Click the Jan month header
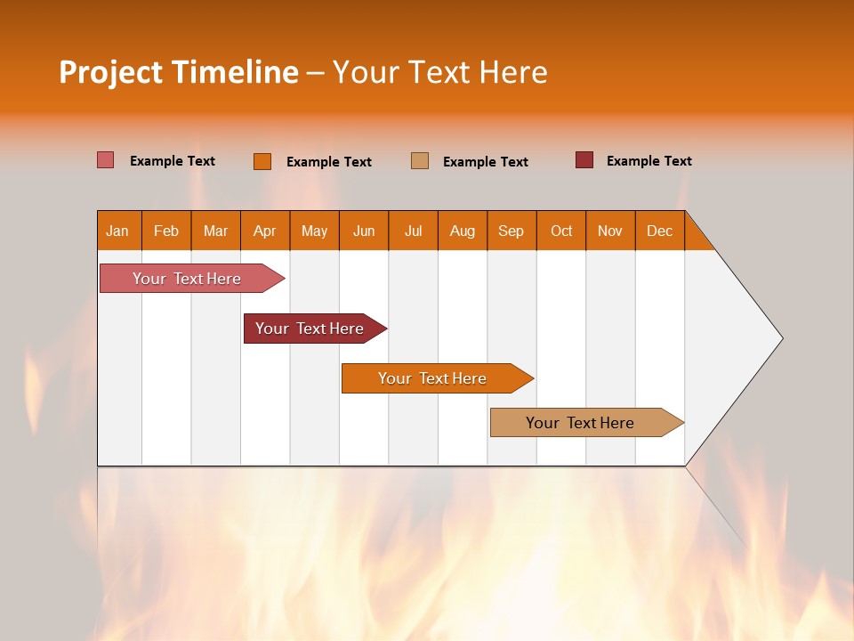click(118, 231)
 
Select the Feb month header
click(166, 231)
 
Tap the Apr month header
click(264, 231)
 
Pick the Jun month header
click(364, 231)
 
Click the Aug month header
click(462, 231)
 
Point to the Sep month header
click(511, 231)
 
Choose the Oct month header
click(561, 231)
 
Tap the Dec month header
click(659, 231)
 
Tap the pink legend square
click(106, 160)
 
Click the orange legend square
click(262, 161)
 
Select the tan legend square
click(420, 161)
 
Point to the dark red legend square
click(584, 160)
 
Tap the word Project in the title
click(110, 72)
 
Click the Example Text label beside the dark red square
click(649, 161)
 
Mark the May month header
click(314, 231)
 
